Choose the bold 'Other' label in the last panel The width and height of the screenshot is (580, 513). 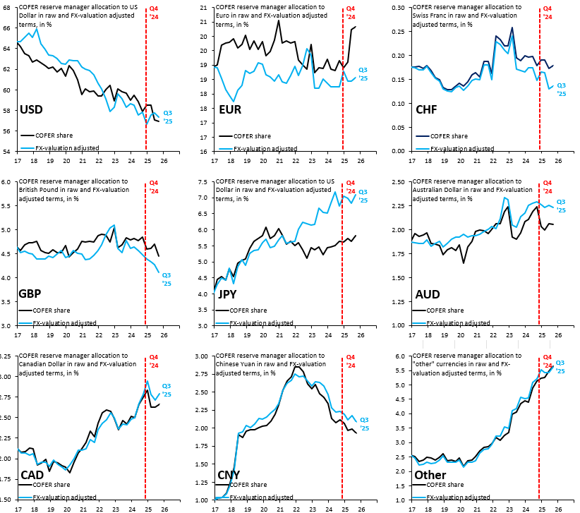430,475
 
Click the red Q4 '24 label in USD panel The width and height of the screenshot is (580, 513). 154,13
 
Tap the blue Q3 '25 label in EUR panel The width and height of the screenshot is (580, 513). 363,73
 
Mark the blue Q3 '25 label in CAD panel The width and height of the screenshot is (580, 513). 167,390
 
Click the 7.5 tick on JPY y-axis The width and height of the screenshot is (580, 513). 206,181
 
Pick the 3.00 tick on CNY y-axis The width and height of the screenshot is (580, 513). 205,356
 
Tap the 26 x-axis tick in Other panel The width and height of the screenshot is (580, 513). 557,507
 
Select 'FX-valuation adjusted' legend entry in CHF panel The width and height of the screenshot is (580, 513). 461,149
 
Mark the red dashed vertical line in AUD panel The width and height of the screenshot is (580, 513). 540,254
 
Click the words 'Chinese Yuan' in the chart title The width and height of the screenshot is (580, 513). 237,364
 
